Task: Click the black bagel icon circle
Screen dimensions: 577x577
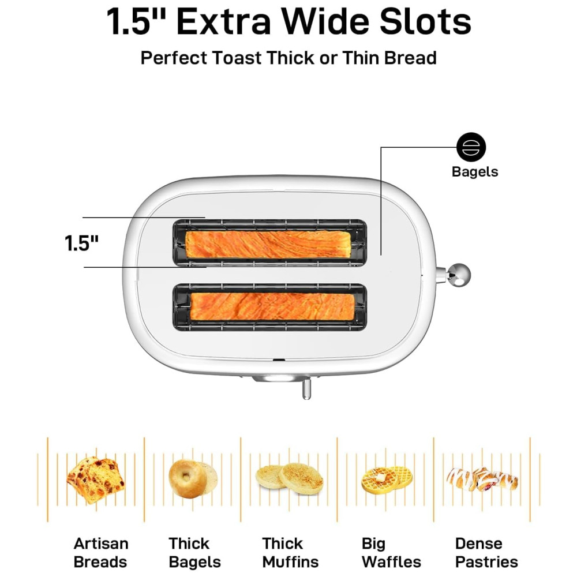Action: tap(471, 147)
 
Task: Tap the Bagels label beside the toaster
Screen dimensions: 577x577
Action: tap(475, 172)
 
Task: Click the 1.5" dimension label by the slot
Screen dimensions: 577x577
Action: tap(82, 243)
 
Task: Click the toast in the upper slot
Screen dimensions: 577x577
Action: tap(267, 244)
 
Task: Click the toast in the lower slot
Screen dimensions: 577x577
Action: tap(272, 306)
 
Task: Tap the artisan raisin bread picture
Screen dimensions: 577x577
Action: tap(96, 479)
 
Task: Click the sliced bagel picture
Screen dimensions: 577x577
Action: tap(193, 478)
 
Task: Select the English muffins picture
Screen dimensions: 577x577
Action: tap(289, 478)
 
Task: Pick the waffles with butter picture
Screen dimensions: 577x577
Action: tap(387, 480)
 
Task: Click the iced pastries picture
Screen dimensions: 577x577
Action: tap(482, 479)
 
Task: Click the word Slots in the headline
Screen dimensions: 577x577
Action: tap(425, 22)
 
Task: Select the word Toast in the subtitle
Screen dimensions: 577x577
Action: tap(237, 58)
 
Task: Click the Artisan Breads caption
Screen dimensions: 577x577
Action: tap(101, 553)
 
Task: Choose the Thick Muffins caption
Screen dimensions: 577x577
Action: tap(290, 553)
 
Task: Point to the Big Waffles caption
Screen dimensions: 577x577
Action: tap(391, 553)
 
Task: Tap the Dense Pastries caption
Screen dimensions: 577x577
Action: tap(486, 553)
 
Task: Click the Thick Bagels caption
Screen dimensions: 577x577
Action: tap(194, 553)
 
